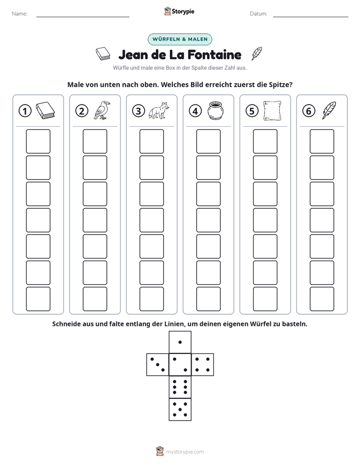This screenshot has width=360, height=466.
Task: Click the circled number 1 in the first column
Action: coord(25,111)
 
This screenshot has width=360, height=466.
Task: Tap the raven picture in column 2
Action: coord(101,110)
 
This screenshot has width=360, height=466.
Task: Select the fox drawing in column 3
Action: coord(159,110)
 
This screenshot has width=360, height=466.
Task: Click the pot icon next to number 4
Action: coord(215,110)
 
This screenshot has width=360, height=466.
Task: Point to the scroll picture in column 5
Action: coord(272,110)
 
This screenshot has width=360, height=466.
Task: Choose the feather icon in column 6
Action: coord(329,110)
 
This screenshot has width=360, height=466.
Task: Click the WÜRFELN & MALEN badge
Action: coord(180,39)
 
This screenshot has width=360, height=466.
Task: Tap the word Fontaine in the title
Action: coord(214,54)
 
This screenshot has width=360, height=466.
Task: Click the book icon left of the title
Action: coord(103,54)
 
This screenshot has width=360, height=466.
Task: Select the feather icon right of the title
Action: coord(257,53)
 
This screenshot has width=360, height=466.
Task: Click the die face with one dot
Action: coord(180,342)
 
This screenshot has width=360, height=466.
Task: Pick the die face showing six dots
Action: coord(180,387)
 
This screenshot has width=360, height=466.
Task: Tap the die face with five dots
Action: coord(180,410)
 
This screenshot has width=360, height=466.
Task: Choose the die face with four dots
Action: coord(203,365)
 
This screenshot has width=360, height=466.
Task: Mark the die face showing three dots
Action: coord(158,365)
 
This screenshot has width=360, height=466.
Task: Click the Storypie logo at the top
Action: coord(179,11)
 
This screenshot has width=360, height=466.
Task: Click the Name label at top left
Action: coord(20,14)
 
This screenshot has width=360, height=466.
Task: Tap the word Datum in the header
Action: coord(259,14)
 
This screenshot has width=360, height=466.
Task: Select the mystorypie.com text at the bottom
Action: coord(185,452)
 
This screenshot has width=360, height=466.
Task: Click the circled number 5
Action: coord(252,111)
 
